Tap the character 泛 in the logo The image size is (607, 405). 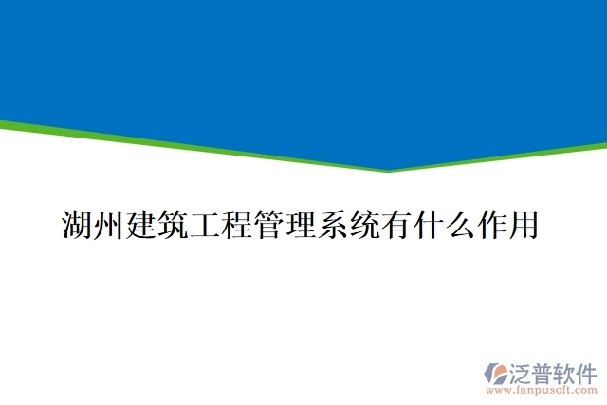click(518, 371)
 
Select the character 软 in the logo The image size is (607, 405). click(565, 371)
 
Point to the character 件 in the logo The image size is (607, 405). click(588, 371)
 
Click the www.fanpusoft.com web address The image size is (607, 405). click(541, 389)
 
